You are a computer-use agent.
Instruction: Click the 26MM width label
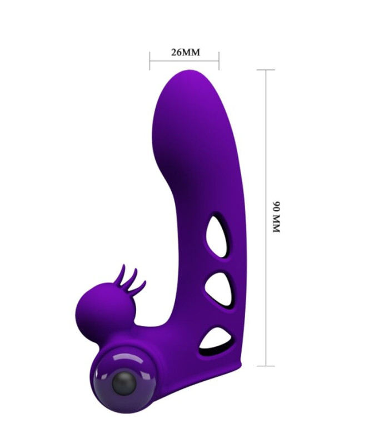pyautogui.click(x=186, y=52)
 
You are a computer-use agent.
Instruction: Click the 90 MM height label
pyautogui.click(x=276, y=217)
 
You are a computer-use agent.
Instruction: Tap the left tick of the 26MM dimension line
pyautogui.click(x=149, y=60)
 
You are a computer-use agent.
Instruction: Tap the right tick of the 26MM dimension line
pyautogui.click(x=219, y=60)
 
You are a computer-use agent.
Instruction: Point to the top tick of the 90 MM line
pyautogui.click(x=266, y=70)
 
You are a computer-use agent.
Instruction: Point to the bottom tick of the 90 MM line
pyautogui.click(x=266, y=366)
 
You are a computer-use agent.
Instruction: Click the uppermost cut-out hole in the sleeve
pyautogui.click(x=219, y=234)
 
